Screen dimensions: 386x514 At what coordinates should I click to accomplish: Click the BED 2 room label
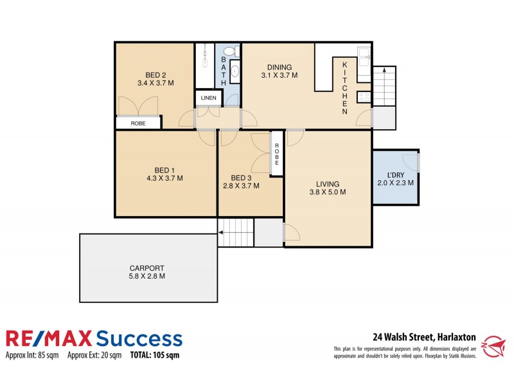[155, 74]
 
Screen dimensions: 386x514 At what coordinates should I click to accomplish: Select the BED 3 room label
[240, 178]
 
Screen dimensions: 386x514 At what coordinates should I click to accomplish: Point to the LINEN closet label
[208, 98]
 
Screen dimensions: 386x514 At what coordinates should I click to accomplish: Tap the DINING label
[279, 67]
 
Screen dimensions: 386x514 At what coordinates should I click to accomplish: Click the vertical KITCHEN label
[345, 88]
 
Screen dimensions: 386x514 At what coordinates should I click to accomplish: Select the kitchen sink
[364, 57]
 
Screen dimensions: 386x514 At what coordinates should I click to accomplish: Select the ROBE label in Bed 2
[138, 122]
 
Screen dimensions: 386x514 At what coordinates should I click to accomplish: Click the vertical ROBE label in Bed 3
[277, 152]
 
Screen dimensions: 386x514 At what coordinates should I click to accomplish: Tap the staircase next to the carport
[236, 232]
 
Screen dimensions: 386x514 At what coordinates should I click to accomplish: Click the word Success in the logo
[138, 338]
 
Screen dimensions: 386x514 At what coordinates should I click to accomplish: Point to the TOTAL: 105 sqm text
[155, 354]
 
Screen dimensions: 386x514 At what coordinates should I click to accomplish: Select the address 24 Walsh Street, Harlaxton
[424, 336]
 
